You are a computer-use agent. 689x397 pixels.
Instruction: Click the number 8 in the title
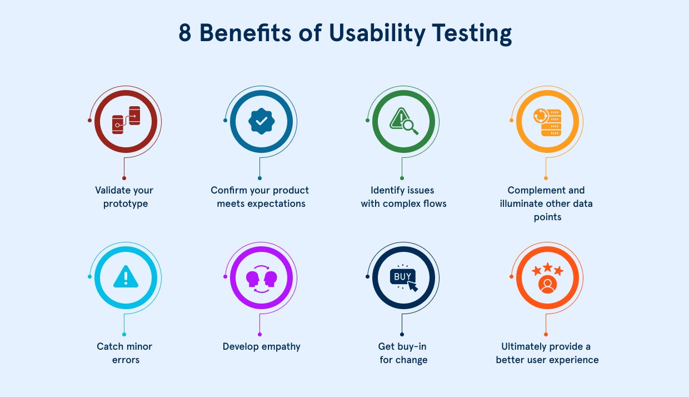click(185, 34)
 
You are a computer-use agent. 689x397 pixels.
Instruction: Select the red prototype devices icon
click(126, 120)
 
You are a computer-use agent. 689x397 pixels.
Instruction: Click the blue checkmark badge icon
click(261, 121)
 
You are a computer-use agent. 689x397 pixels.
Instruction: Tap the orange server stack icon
click(548, 122)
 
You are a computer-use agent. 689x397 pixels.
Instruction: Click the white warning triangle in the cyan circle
click(126, 276)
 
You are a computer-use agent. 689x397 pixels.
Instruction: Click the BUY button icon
click(402, 276)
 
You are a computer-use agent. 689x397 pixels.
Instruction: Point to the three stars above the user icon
click(548, 270)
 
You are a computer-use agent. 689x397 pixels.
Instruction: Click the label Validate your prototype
click(124, 197)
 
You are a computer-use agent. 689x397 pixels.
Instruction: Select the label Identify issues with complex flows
click(404, 197)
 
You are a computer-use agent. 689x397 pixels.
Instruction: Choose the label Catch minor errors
click(124, 353)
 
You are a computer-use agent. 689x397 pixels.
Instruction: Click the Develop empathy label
click(261, 346)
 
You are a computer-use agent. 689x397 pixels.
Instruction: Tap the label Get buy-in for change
click(403, 353)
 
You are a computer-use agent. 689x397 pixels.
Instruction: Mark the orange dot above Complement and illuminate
click(546, 178)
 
